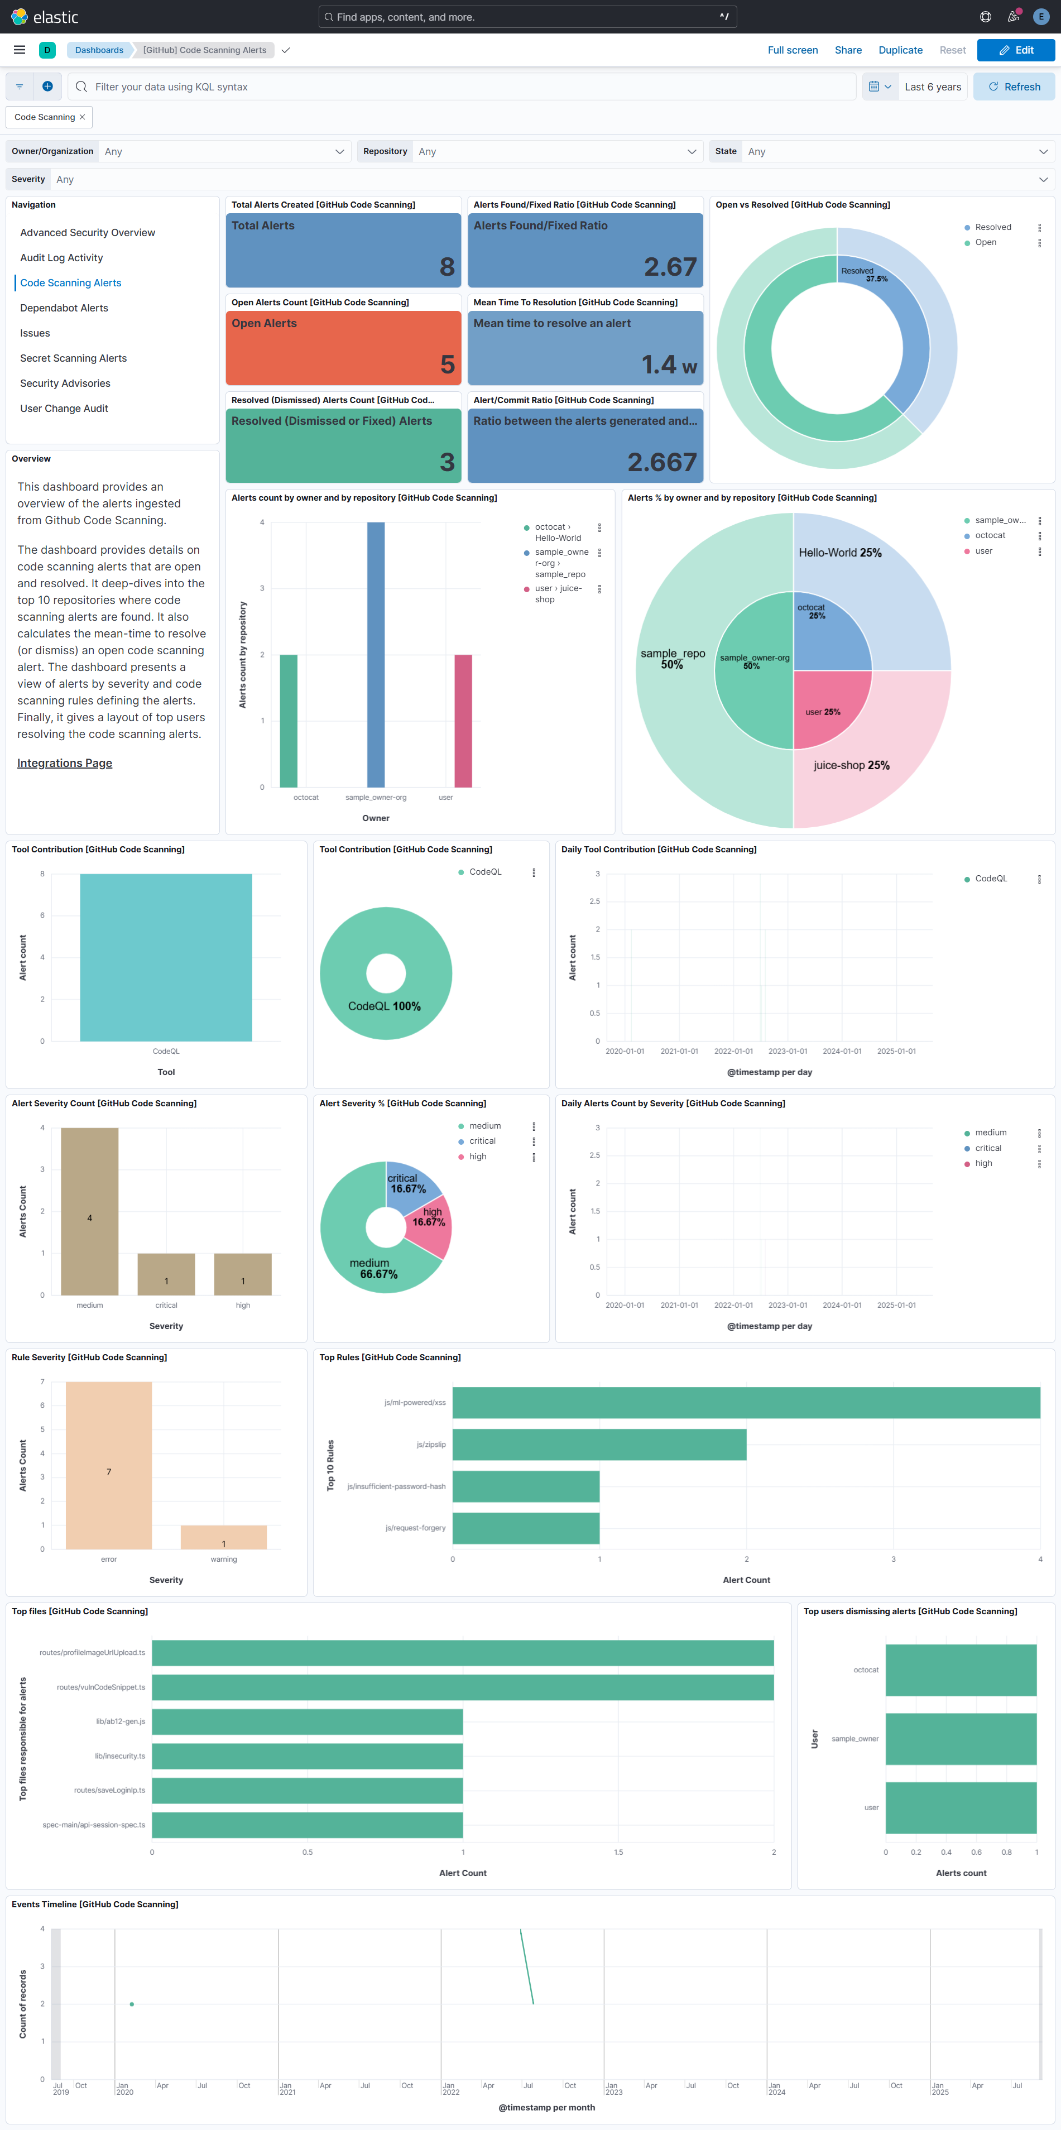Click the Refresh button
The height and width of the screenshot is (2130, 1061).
1014,87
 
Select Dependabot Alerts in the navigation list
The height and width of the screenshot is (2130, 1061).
64,308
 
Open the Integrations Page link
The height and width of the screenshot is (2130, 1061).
65,763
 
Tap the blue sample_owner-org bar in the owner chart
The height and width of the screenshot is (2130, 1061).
376,653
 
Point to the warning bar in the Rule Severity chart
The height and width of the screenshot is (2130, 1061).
223,1537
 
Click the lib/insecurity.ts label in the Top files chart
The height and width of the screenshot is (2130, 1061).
120,1755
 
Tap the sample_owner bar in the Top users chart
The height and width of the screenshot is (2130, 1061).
960,1738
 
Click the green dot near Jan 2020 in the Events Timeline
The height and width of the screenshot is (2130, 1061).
132,2003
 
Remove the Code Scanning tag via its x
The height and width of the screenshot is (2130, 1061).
82,117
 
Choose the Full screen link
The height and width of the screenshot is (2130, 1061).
791,50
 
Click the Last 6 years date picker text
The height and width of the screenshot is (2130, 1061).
932,87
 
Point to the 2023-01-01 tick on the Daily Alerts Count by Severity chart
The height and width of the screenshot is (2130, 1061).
788,1305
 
